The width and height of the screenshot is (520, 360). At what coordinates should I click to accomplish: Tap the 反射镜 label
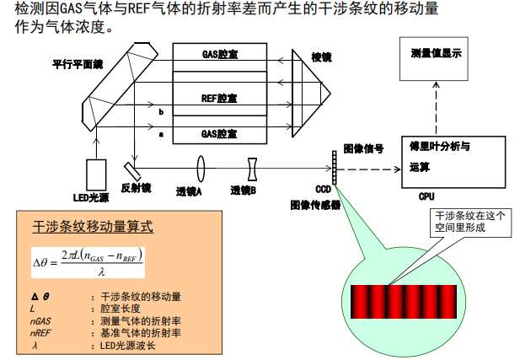click(136, 187)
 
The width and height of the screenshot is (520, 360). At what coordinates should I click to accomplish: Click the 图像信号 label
click(364, 149)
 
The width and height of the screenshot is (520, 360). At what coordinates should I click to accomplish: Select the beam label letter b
click(161, 111)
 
